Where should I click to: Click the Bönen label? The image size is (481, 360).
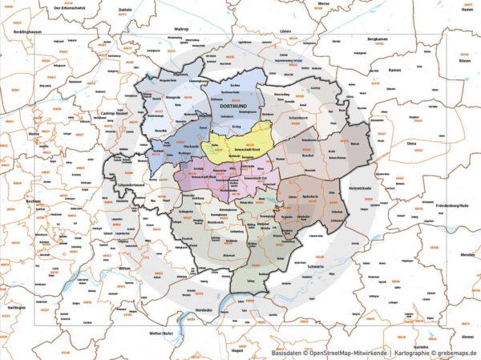tap(463, 60)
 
